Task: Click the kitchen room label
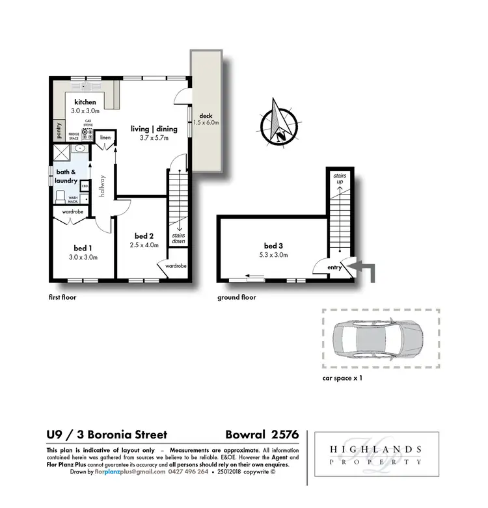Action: point(85,102)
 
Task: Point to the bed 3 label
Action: point(273,246)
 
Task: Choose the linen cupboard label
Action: point(105,138)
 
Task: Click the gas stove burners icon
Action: point(85,137)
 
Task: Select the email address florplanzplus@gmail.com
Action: point(129,472)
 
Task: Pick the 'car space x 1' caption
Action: point(342,377)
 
